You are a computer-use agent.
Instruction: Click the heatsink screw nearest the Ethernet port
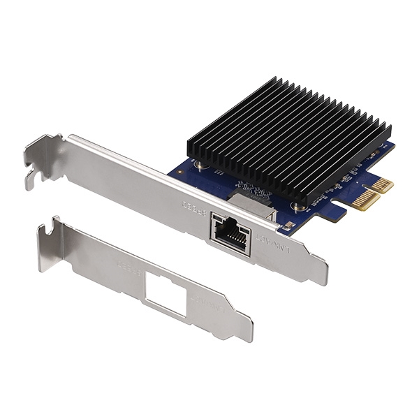pos(201,165)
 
